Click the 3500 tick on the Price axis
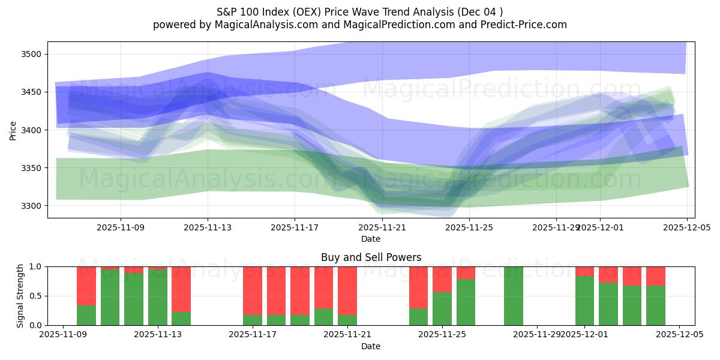(x=30, y=55)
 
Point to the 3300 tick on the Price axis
(x=30, y=206)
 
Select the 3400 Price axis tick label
(x=30, y=130)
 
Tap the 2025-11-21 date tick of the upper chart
(x=382, y=227)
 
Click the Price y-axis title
(x=13, y=130)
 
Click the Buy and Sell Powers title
(x=371, y=257)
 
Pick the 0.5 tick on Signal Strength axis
(x=35, y=296)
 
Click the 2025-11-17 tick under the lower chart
(x=253, y=335)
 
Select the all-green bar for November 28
(x=513, y=296)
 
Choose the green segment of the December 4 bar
(x=656, y=305)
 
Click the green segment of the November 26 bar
(x=466, y=302)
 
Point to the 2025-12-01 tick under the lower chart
(x=585, y=335)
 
